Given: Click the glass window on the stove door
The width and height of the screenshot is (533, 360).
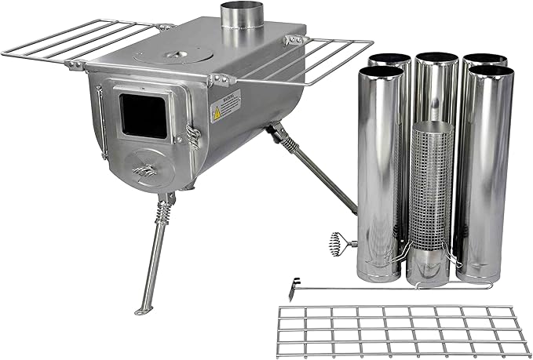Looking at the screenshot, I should [143, 115].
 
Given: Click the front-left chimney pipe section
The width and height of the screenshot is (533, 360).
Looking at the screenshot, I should [381, 173].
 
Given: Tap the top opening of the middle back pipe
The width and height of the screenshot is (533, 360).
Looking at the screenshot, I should [436, 57].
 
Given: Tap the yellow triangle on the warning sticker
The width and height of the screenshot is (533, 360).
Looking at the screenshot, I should [215, 115].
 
